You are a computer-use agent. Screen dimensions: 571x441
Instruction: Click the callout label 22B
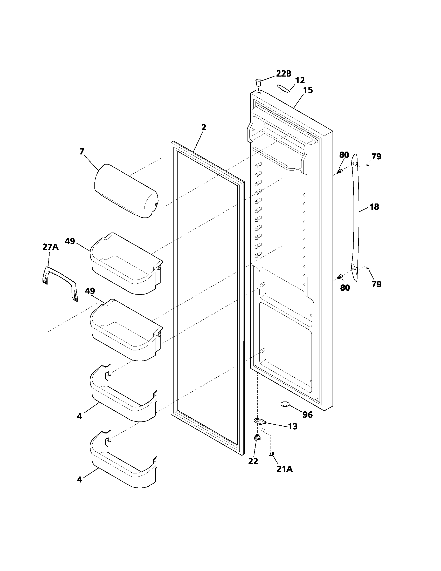point(284,74)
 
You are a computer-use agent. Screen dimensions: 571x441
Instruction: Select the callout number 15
point(308,90)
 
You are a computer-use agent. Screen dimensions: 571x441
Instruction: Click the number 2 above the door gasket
point(204,127)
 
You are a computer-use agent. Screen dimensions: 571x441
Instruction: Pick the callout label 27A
point(50,247)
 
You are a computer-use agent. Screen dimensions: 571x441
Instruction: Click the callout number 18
point(374,207)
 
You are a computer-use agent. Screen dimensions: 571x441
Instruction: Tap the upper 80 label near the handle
point(344,155)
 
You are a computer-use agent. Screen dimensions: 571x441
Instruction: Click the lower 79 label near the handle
point(376,284)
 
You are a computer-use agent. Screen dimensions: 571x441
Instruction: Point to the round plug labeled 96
point(285,404)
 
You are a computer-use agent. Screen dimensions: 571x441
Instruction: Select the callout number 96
point(307,415)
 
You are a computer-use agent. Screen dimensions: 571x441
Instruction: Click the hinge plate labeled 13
point(259,421)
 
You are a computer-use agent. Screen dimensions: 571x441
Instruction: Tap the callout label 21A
point(285,469)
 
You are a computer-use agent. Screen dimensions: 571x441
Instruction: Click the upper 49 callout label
point(70,241)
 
